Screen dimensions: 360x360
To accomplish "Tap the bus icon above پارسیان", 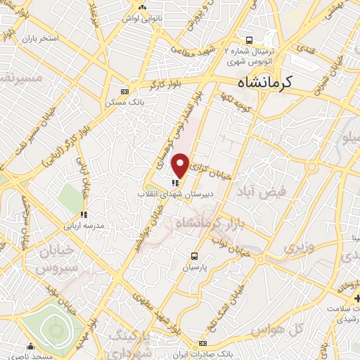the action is tap(194, 255).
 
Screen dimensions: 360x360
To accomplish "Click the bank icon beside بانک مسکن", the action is tap(125, 91).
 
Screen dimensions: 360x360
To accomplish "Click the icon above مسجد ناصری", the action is tap(30, 346).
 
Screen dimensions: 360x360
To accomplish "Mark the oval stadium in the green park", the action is tap(53, 328).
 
